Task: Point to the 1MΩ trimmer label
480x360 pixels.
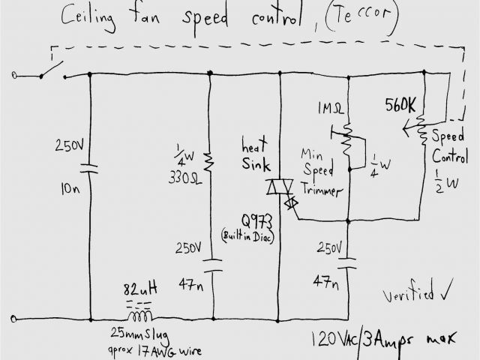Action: [x=331, y=108]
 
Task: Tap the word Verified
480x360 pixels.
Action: [x=408, y=295]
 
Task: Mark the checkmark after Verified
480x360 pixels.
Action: [x=448, y=292]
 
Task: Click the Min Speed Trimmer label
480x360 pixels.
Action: [x=320, y=169]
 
